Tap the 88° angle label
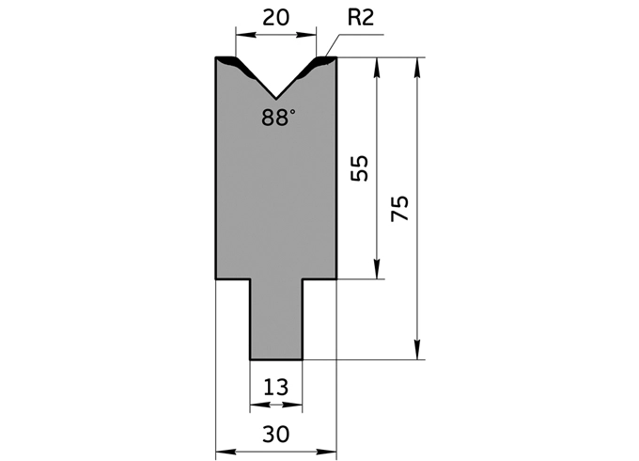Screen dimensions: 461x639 click(x=279, y=117)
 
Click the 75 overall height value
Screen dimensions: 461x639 click(x=400, y=208)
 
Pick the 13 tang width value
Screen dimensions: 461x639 click(x=276, y=386)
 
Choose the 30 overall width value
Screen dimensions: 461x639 click(x=276, y=434)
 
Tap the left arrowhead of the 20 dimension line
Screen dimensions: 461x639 click(x=241, y=36)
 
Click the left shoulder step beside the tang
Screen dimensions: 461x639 click(x=233, y=279)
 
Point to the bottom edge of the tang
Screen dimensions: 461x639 click(x=275, y=358)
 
